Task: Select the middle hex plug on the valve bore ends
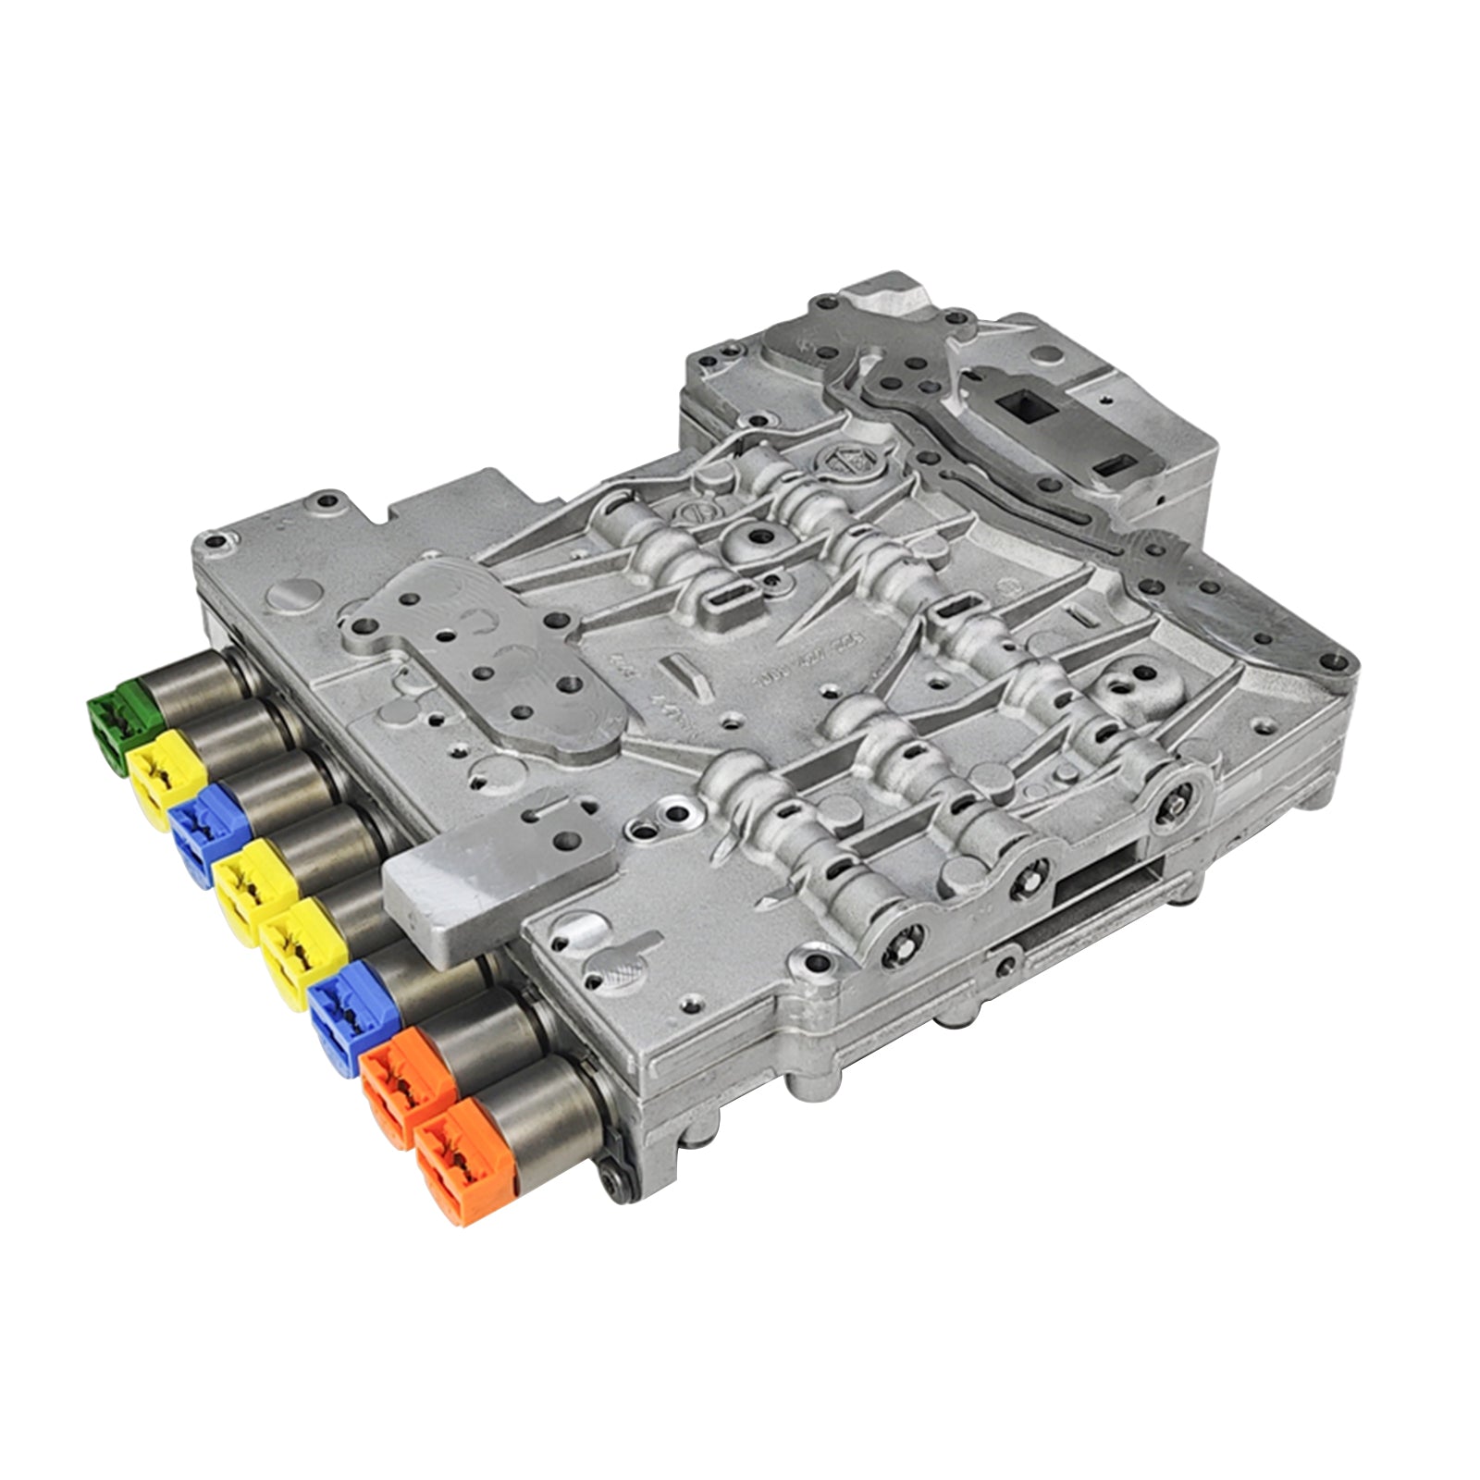[x=1029, y=873]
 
